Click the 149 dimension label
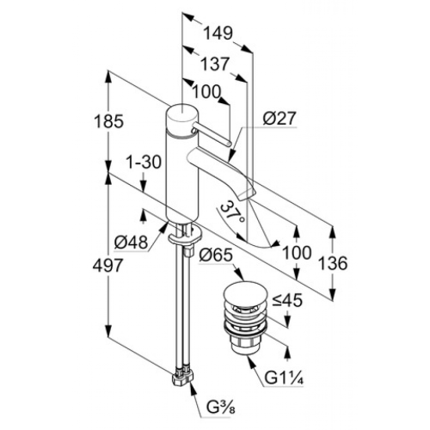pyautogui.click(x=218, y=34)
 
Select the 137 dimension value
pyautogui.click(x=215, y=64)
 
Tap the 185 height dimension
pyautogui.click(x=108, y=121)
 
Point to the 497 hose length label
pyautogui.click(x=107, y=265)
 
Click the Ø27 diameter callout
pyautogui.click(x=279, y=118)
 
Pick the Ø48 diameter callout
pyautogui.click(x=131, y=243)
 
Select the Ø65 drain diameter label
pyautogui.click(x=216, y=255)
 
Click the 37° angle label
pyautogui.click(x=234, y=214)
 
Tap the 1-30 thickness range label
pyautogui.click(x=144, y=163)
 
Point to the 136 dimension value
pyautogui.click(x=333, y=263)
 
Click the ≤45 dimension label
pyautogui.click(x=287, y=300)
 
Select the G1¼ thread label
pyautogui.click(x=284, y=378)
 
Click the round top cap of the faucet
pyautogui.click(x=181, y=114)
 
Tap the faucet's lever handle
pyautogui.click(x=211, y=134)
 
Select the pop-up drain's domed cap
pyautogui.click(x=245, y=294)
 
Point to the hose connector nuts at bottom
pyautogui.click(x=182, y=376)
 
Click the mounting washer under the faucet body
pyautogui.click(x=186, y=235)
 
